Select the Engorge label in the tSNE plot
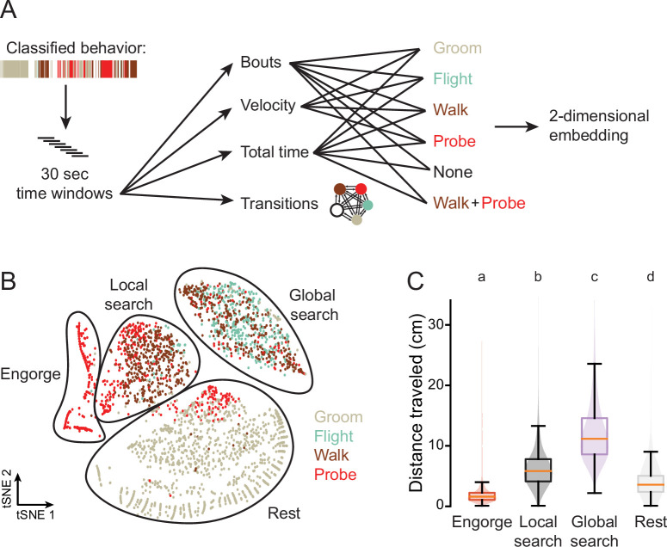[30, 375]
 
